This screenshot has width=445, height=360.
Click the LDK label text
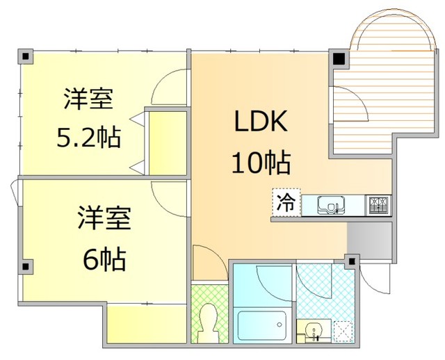(x=261, y=123)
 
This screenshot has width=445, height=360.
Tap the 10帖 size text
(x=261, y=163)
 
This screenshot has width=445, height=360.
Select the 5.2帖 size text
(x=88, y=138)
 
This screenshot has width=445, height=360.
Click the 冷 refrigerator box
(x=286, y=204)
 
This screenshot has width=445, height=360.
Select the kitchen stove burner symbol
(x=378, y=204)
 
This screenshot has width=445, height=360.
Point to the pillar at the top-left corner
(x=25, y=56)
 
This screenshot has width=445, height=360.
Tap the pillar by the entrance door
(x=353, y=262)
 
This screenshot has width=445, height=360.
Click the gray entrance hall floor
(x=369, y=240)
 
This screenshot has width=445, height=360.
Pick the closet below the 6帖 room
(x=146, y=323)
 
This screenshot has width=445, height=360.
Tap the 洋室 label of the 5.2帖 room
(x=88, y=99)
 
